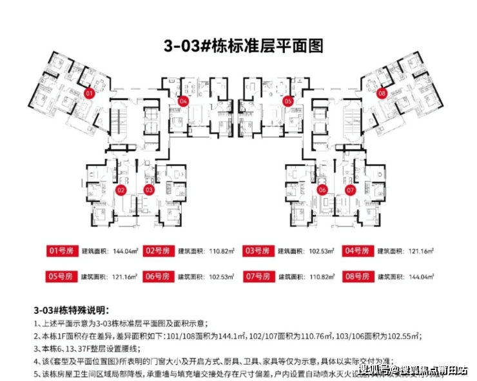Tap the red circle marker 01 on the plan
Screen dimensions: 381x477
pos(90,93)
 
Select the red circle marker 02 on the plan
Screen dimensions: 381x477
pos(121,190)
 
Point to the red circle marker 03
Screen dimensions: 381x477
pos(149,190)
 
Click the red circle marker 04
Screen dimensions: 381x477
pos(184,102)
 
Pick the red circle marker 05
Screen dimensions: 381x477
pos(288,102)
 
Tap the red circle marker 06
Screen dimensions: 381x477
pos(323,190)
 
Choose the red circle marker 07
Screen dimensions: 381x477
pos(351,190)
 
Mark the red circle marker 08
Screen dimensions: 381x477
pos(382,93)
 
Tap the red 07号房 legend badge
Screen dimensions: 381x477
pos(258,276)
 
